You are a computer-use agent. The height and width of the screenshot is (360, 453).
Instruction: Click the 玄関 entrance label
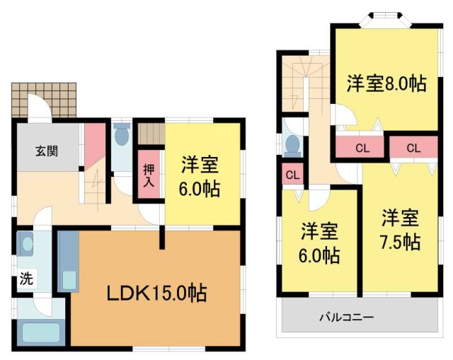click(47, 150)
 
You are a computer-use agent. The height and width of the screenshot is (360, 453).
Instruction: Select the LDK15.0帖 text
click(156, 292)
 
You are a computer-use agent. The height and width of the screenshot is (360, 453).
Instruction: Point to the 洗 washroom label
click(25, 279)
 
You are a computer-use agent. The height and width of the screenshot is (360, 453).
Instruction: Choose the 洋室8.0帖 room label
click(386, 83)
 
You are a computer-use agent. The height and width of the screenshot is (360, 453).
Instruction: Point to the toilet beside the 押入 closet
click(122, 134)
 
